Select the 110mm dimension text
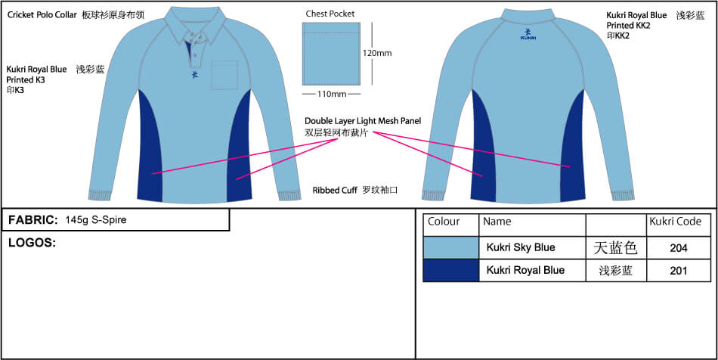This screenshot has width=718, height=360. tap(330, 94)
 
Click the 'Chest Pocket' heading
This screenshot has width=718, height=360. tap(330, 14)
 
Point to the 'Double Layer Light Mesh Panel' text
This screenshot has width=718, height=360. tap(363, 120)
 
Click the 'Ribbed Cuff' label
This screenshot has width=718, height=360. tap(335, 191)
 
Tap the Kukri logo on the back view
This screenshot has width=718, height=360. tap(528, 33)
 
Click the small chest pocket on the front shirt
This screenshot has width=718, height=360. tap(224, 75)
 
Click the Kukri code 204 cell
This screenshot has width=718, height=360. tap(678, 247)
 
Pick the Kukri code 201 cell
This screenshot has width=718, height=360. tap(678, 270)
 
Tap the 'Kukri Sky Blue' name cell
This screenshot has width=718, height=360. tap(521, 247)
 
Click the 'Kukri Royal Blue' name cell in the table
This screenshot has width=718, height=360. tap(525, 270)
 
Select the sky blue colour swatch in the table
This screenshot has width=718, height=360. tap(450, 247)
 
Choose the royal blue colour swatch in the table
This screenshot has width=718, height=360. tap(450, 271)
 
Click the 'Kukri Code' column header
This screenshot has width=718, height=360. tap(676, 222)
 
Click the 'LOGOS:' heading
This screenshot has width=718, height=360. tap(32, 243)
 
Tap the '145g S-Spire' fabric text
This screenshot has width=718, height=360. tap(96, 220)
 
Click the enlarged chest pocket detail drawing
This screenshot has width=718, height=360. tap(330, 54)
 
